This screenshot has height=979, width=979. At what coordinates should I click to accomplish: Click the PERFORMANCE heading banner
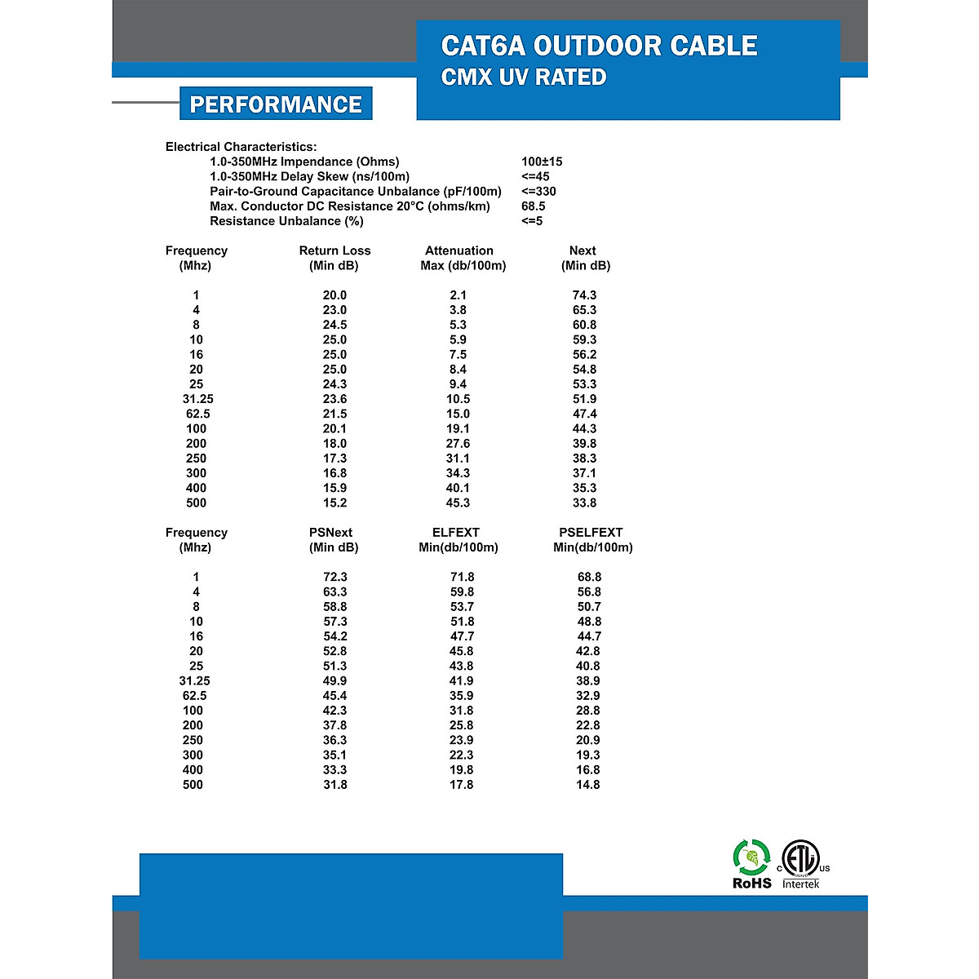pos(276,104)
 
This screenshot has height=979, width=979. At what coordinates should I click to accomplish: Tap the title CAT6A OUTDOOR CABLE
pos(599,46)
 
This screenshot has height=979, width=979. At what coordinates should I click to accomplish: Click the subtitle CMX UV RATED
pos(523,78)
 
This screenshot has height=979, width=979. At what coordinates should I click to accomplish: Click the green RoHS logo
pos(751,865)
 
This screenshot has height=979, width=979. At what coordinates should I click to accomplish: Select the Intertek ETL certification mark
pos(801,865)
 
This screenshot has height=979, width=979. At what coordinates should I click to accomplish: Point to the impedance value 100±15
pos(542,162)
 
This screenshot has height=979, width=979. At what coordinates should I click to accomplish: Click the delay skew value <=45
pos(535,176)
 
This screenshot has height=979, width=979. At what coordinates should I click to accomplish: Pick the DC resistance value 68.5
pos(533,206)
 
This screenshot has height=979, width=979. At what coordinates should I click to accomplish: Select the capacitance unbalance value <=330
pos(538,192)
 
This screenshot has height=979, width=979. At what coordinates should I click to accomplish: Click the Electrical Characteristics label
pos(241,147)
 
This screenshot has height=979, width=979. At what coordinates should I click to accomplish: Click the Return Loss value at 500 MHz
pos(334,503)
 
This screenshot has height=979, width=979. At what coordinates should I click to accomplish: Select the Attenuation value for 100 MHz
pos(458,429)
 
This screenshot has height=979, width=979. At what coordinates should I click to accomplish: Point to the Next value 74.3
pos(584,295)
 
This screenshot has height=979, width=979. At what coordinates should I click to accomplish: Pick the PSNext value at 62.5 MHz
pos(334,696)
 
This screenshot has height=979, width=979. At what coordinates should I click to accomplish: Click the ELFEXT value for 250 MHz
pos(461,741)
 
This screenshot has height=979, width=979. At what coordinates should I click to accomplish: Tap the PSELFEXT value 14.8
pos(587,785)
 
